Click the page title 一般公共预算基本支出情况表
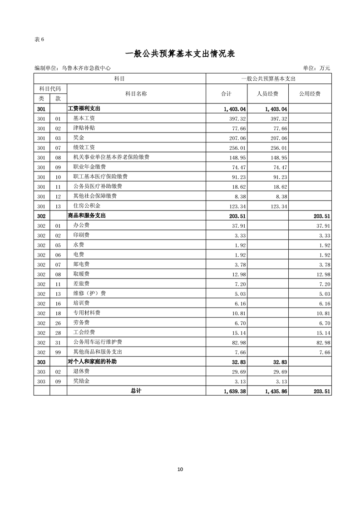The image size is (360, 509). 180,54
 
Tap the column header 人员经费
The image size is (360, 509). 268,94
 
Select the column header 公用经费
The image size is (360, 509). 310,94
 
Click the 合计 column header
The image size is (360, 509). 226,94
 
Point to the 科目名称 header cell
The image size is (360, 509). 136,94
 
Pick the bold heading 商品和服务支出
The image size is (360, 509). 86,216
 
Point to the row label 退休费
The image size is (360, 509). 81,372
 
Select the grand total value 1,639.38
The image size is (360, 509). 235,391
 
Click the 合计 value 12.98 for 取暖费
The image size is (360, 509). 239,274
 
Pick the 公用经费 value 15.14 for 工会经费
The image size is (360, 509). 322,333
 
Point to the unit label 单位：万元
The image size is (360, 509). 316,68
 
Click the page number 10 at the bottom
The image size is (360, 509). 180,470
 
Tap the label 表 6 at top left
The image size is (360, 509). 39,39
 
